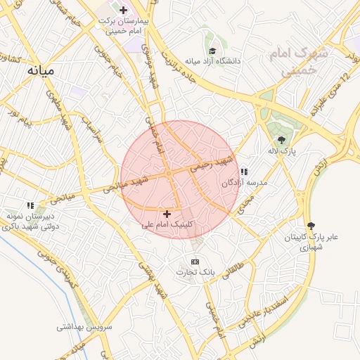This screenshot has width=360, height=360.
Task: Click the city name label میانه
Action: pyautogui.click(x=41, y=71)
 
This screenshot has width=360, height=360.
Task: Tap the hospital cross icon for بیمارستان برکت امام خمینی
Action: pyautogui.click(x=124, y=10)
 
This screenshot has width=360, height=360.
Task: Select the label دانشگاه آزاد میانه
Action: pyautogui.click(x=212, y=61)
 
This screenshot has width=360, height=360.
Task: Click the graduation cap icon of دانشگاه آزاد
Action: pyautogui.click(x=212, y=50)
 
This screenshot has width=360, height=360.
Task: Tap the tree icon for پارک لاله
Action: pyautogui.click(x=282, y=140)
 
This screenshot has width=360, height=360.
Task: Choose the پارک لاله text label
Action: pyautogui.click(x=282, y=151)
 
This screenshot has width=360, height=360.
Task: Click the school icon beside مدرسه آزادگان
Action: pyautogui.click(x=244, y=172)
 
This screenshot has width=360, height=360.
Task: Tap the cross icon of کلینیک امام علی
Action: pyautogui.click(x=167, y=214)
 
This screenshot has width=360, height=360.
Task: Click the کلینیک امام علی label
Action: pyautogui.click(x=167, y=225)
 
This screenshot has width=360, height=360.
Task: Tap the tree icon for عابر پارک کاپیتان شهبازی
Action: pyautogui.click(x=311, y=226)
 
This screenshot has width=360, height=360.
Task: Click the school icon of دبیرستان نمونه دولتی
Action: pyautogui.click(x=31, y=205)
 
